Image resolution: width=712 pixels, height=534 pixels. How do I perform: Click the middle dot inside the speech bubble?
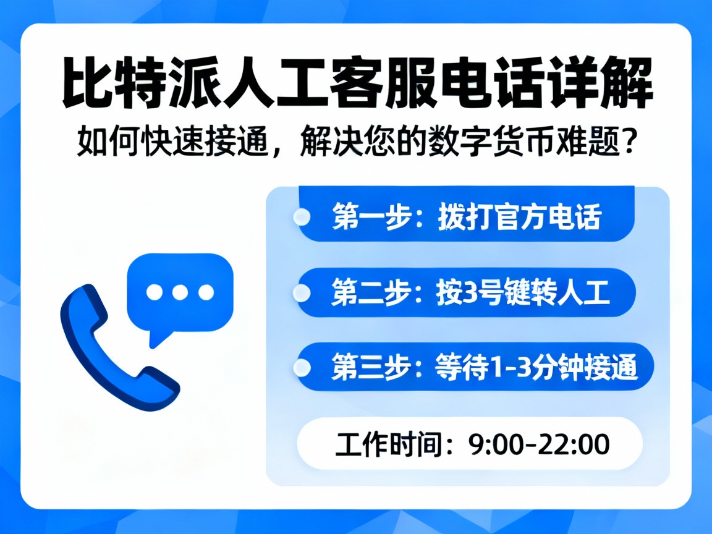(180, 292)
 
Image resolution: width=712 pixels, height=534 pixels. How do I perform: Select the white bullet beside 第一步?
(302, 217)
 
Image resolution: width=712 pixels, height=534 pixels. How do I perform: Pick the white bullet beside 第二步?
(302, 293)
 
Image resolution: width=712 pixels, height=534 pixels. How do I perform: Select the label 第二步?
(368, 293)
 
